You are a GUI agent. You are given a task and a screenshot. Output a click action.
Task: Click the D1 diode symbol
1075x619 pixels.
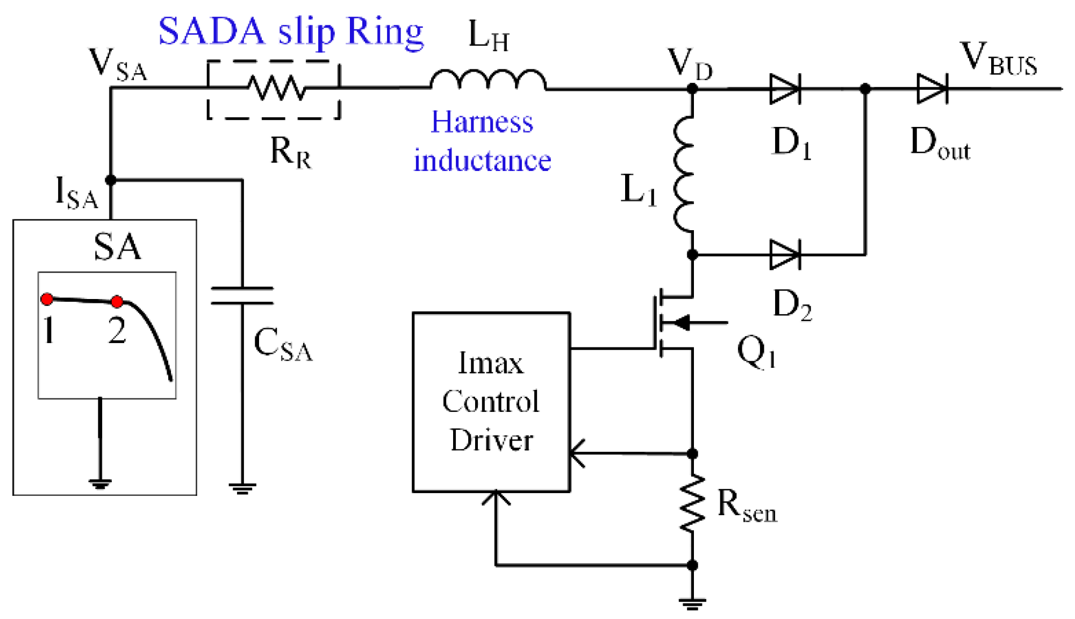[x=785, y=89]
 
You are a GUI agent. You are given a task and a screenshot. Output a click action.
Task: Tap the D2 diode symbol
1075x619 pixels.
[x=785, y=254]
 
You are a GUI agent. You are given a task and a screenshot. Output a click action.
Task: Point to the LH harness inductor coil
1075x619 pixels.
[x=488, y=81]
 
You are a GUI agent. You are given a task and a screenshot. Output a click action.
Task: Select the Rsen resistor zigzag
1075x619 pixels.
[x=692, y=503]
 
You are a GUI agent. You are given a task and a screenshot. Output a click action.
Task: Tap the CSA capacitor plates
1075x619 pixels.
[x=242, y=296]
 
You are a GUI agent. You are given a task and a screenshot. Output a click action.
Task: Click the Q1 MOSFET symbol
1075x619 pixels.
[x=672, y=323]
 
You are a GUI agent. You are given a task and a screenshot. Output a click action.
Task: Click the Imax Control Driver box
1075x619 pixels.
[x=491, y=402]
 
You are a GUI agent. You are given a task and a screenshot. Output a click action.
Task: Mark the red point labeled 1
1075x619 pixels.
[x=47, y=299]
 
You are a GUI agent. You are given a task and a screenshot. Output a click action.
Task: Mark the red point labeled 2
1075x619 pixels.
[x=117, y=301]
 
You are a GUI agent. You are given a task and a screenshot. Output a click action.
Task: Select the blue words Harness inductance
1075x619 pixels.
[x=482, y=141]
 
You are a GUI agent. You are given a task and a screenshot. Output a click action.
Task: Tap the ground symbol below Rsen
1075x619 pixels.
[x=692, y=603]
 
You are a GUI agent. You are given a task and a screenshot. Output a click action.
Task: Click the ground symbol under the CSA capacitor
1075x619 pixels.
[x=242, y=488]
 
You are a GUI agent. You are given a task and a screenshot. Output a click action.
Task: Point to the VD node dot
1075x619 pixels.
[x=692, y=89]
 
